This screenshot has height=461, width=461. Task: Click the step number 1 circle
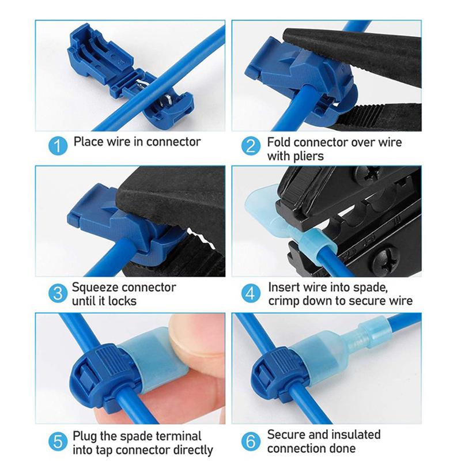click(x=58, y=146)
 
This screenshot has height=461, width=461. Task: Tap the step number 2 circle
click(x=251, y=146)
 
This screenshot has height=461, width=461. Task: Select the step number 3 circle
click(x=58, y=293)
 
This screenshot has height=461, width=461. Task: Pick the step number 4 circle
click(x=251, y=293)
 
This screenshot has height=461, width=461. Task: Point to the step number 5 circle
click(x=58, y=441)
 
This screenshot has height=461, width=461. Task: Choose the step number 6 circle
click(x=251, y=441)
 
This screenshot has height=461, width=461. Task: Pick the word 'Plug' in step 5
click(x=85, y=436)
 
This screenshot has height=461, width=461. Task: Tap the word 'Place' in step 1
click(x=89, y=142)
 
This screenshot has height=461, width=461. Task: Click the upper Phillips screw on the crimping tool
click(x=368, y=175)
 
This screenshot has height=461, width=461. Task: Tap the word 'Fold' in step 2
click(x=279, y=142)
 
